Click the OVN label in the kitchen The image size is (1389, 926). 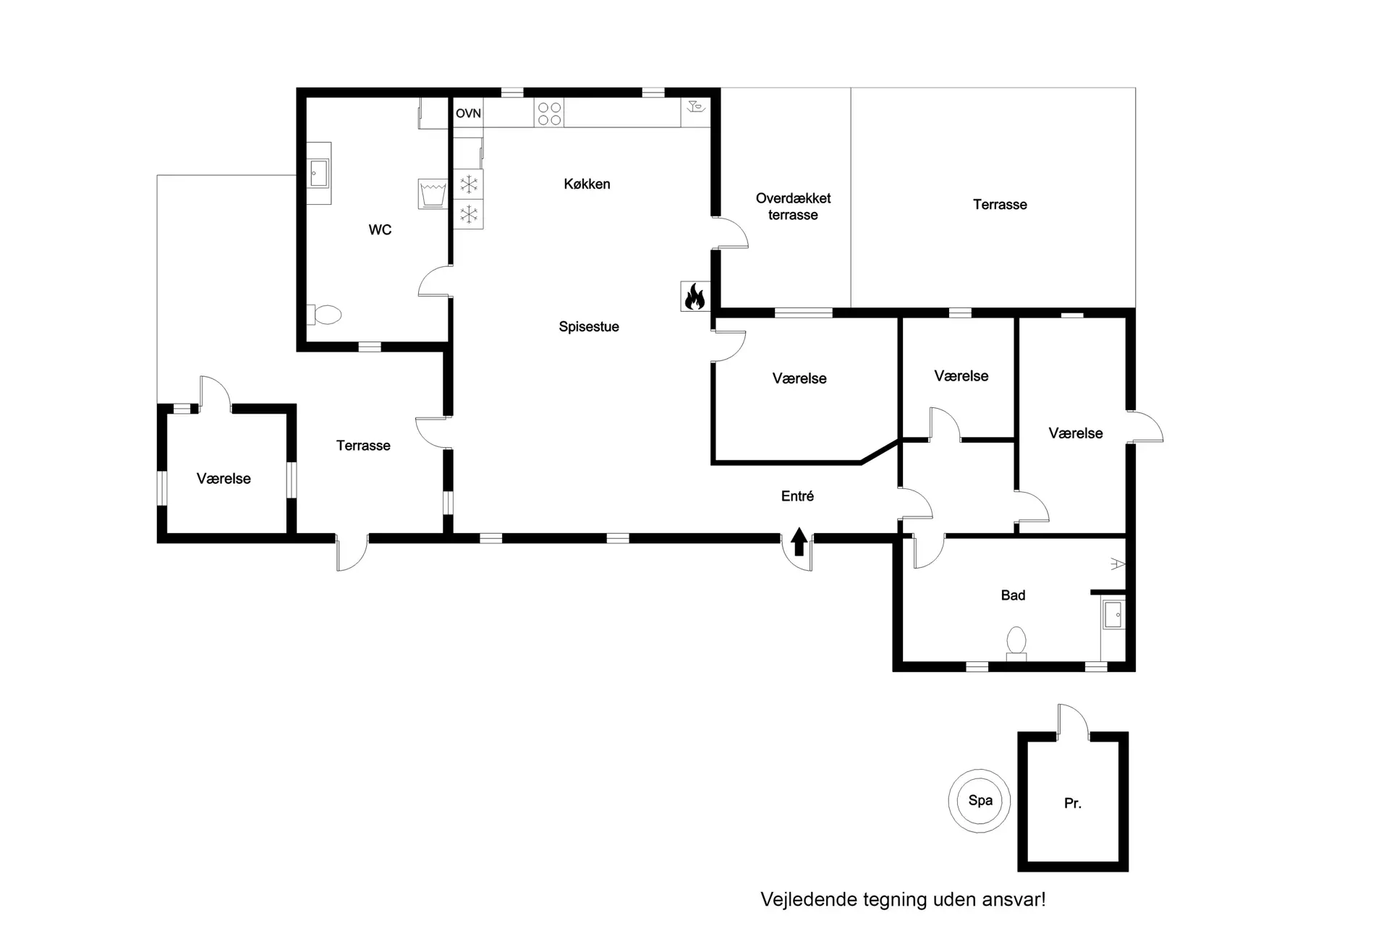[x=468, y=114]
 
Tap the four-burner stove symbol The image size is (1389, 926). [x=549, y=114]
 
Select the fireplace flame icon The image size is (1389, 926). [x=695, y=296]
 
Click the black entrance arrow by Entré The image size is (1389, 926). [x=799, y=541]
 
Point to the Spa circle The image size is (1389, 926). [x=980, y=800]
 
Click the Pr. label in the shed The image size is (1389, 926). [x=1072, y=803]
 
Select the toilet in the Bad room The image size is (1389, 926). [x=1016, y=643]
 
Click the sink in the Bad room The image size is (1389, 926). [x=1113, y=615]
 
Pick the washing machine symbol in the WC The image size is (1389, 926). [x=433, y=193]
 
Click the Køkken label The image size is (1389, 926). [x=587, y=184]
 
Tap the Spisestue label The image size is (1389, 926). [x=589, y=327]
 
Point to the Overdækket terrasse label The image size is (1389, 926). [x=793, y=206]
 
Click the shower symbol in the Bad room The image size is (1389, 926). [x=1118, y=564]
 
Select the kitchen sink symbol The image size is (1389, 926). [x=696, y=108]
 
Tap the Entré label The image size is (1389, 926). [x=797, y=496]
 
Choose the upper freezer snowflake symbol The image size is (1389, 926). [x=469, y=184]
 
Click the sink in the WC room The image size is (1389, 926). [x=318, y=173]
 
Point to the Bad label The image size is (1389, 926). [x=1013, y=595]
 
